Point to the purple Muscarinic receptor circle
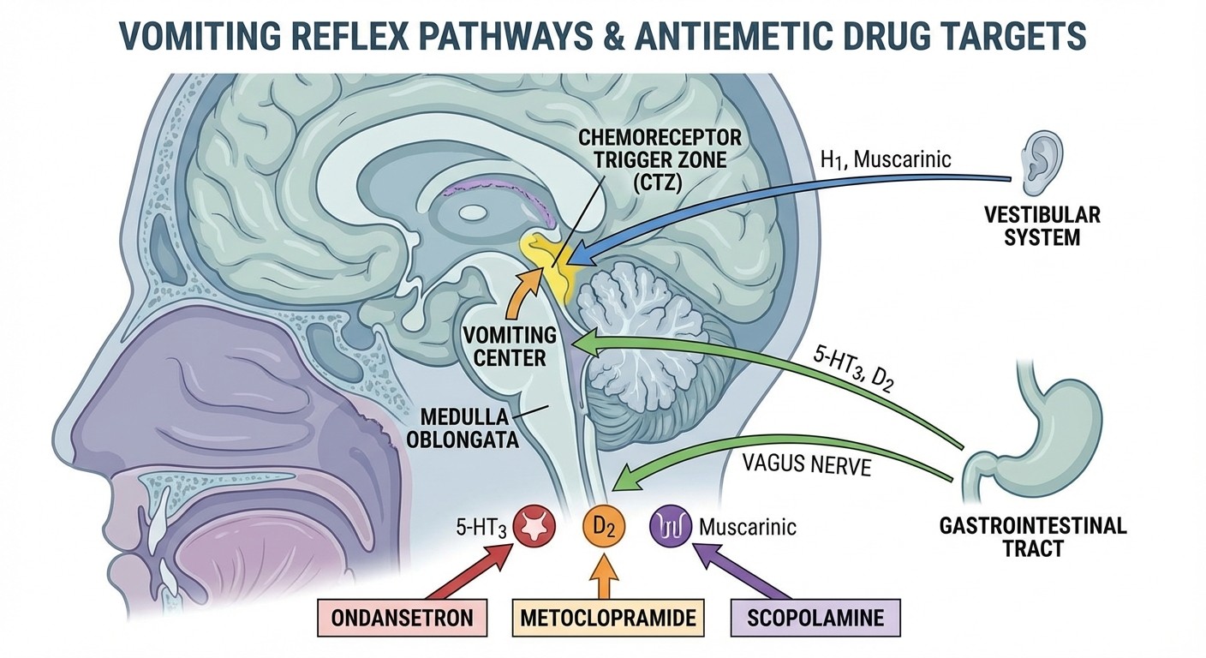pos(669,524)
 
